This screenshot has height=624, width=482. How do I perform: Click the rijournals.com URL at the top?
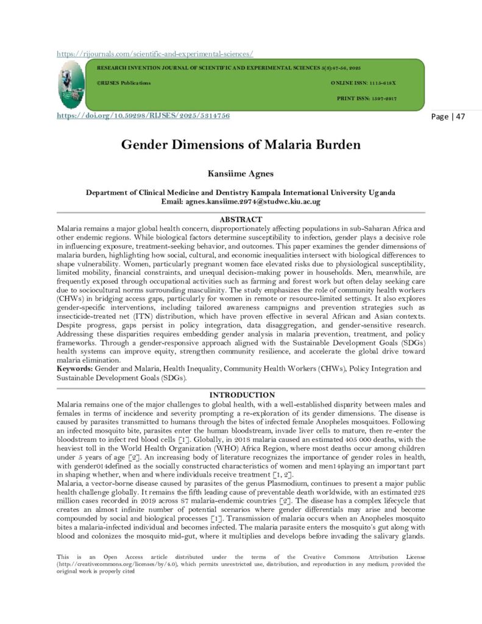click(x=155, y=54)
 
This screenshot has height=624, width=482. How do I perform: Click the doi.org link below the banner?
click(x=143, y=116)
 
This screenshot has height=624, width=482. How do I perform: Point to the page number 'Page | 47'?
click(x=448, y=116)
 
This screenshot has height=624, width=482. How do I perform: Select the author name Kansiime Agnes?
click(x=241, y=174)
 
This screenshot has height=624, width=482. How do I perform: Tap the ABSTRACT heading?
click(x=241, y=219)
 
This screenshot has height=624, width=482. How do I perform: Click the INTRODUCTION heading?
click(x=241, y=395)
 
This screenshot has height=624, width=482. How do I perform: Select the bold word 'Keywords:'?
click(x=75, y=369)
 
